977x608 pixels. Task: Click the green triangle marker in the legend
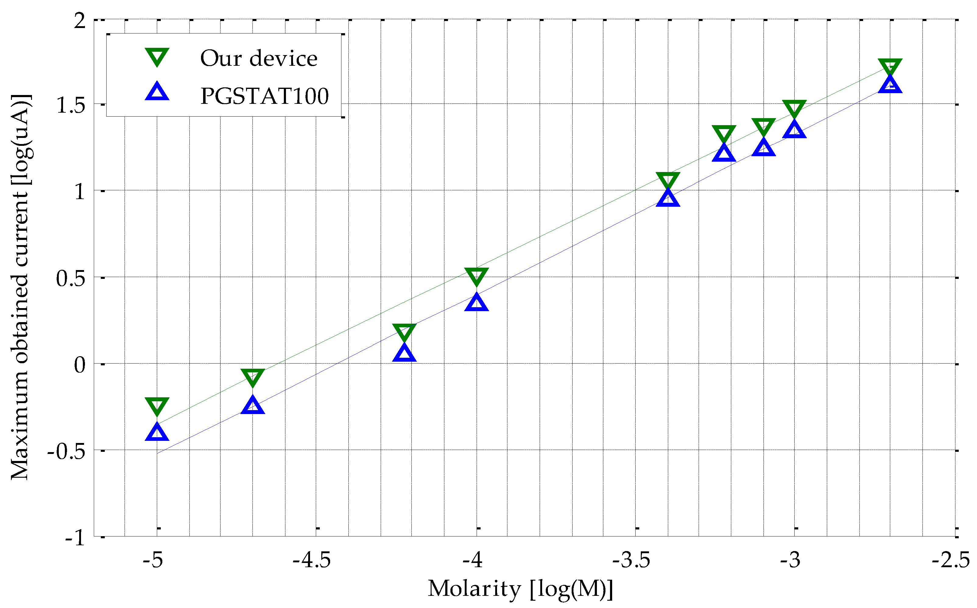[x=157, y=57]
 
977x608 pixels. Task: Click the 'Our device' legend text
[x=259, y=58]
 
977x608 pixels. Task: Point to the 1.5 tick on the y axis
[x=71, y=105]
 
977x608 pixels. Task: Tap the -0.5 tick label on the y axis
[x=66, y=451]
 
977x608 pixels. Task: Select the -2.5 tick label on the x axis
[x=951, y=560]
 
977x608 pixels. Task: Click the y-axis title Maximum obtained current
[x=20, y=287]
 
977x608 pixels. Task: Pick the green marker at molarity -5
[x=157, y=406]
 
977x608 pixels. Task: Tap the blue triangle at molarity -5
[x=157, y=432]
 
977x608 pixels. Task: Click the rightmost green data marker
[x=890, y=66]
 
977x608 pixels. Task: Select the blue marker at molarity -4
[x=476, y=302]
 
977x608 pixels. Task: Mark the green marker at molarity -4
[x=476, y=276]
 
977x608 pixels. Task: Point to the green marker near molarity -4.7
[x=252, y=377]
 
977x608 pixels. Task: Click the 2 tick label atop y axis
[x=80, y=20]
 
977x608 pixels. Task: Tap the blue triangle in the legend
[x=157, y=92]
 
